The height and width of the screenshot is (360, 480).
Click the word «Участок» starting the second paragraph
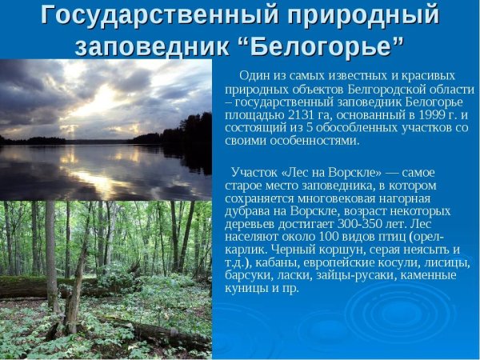point(254,172)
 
